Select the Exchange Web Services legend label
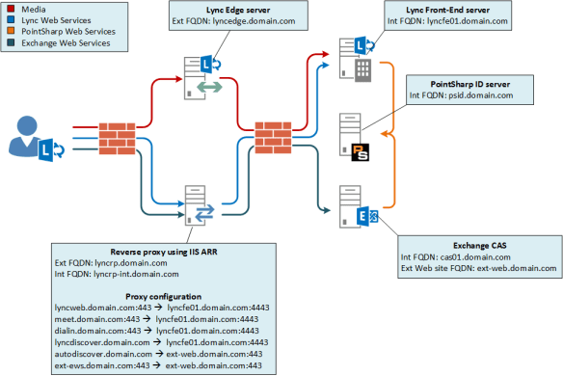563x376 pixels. coord(60,43)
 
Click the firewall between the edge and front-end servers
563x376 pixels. coord(273,136)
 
